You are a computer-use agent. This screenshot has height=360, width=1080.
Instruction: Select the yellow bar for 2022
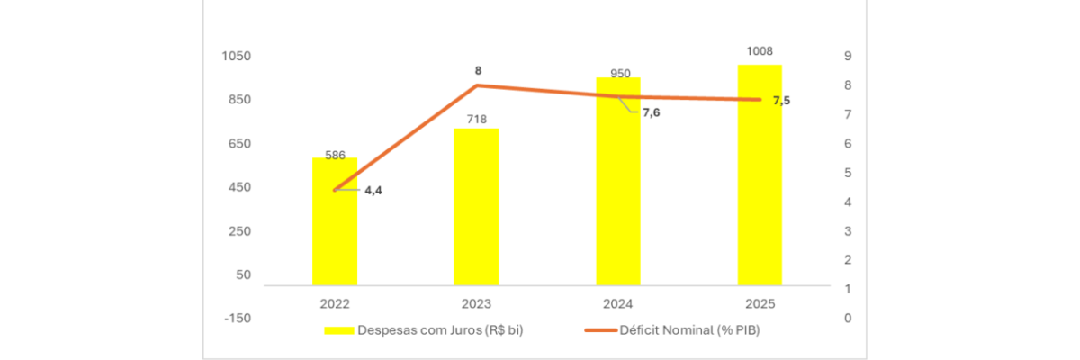click(335, 225)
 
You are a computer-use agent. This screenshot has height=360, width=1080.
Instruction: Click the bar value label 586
click(335, 155)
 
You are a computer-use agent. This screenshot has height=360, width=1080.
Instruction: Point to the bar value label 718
click(476, 119)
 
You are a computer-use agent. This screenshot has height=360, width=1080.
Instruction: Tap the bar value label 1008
click(760, 51)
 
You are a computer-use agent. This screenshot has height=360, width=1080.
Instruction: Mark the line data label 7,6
click(651, 112)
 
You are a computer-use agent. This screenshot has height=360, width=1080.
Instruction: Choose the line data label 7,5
click(781, 100)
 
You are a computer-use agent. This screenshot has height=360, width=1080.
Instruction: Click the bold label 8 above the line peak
click(479, 69)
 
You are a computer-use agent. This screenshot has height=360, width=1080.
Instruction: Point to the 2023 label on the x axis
click(476, 303)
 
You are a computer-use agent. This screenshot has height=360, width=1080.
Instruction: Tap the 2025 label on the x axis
click(760, 303)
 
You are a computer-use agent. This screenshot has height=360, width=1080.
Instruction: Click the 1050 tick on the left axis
click(237, 57)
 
